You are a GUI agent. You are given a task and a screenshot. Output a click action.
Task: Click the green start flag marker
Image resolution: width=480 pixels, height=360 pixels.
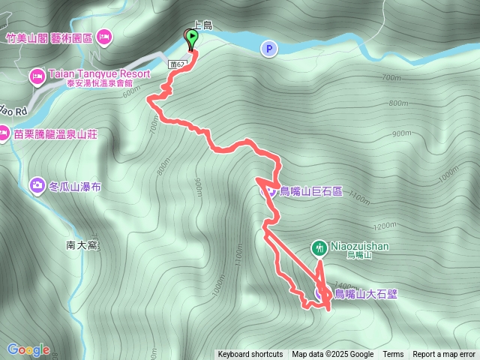click(x=192, y=37)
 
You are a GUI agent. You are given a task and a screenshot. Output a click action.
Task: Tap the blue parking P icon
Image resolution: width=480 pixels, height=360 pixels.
click(x=269, y=49)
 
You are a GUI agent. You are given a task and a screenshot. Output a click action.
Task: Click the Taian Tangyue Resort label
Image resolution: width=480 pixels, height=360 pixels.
click(x=100, y=74)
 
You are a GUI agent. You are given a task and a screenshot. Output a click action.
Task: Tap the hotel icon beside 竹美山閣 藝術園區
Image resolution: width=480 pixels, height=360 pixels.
click(x=103, y=36)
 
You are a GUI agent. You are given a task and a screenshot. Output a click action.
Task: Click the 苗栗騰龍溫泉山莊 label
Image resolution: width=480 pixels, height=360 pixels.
click(x=57, y=134)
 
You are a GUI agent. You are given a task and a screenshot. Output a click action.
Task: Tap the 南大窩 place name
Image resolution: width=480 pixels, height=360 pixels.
click(x=82, y=245)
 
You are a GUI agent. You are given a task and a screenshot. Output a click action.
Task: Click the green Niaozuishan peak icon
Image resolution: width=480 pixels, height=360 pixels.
click(x=319, y=247)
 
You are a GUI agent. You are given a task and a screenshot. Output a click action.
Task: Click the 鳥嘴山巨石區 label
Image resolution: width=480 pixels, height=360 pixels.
click(x=310, y=191)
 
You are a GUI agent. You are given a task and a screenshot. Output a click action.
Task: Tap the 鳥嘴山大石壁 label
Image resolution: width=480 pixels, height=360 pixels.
click(x=365, y=294)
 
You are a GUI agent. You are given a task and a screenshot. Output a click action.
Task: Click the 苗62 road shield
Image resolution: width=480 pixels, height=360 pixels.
click(x=177, y=64)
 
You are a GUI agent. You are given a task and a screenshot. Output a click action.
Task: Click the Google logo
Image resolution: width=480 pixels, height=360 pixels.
click(x=28, y=349)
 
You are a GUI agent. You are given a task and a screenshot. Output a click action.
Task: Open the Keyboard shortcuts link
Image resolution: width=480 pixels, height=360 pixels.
click(x=250, y=355)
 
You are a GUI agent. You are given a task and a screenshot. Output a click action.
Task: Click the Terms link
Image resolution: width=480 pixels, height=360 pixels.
click(x=393, y=355)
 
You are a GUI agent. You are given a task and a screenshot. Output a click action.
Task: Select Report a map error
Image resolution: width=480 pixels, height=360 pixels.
click(x=444, y=355)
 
